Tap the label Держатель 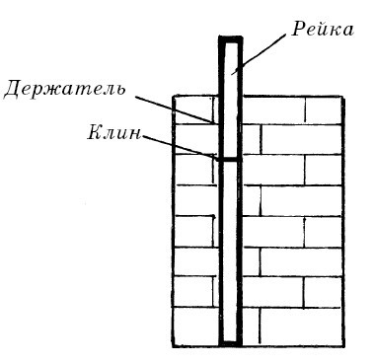coord(64,89)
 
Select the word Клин coord(114,132)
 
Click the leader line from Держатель coord(173,109)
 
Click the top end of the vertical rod coord(229,39)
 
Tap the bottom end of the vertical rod coord(229,343)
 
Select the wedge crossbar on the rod coord(229,158)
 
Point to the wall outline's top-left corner coord(175,96)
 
